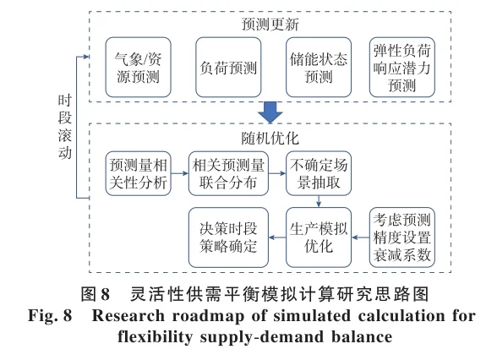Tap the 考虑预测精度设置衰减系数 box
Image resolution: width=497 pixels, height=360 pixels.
401,237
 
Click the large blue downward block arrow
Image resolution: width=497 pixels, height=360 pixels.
270,112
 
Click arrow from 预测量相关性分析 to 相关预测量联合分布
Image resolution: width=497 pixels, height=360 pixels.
177,172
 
